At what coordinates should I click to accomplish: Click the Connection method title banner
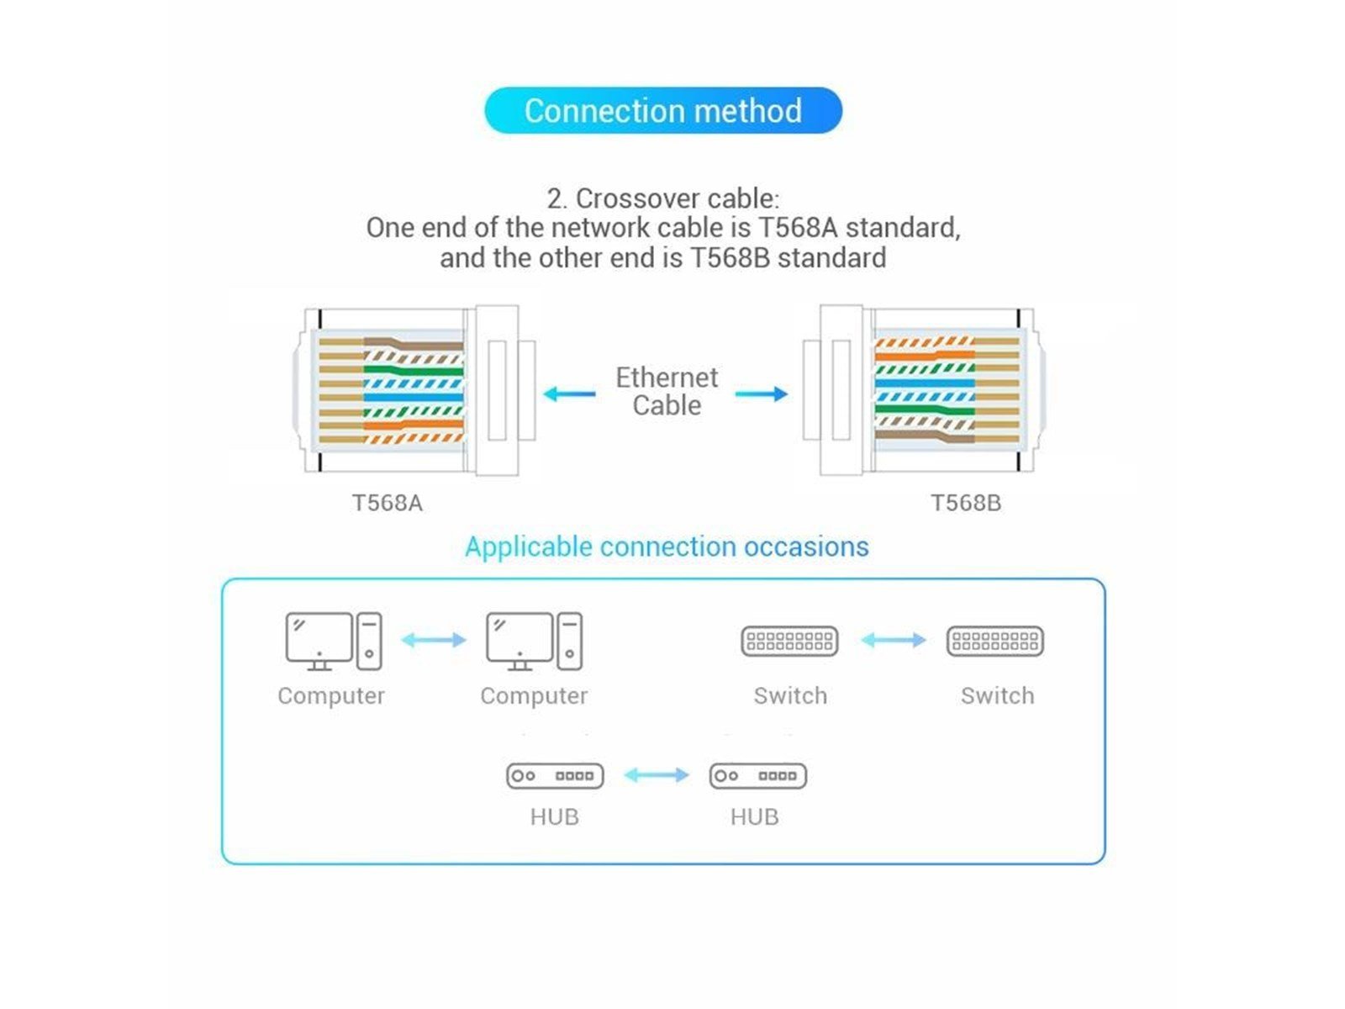point(662,110)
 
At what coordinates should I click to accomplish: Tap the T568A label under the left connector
point(387,503)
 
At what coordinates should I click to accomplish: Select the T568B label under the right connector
point(965,503)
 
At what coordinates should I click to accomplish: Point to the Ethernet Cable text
point(667,391)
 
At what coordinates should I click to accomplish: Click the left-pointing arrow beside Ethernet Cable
point(569,394)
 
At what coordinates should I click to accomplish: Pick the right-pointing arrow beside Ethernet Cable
point(762,394)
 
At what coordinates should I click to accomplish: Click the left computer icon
point(333,642)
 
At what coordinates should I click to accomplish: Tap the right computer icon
point(534,642)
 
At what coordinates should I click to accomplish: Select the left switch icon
point(789,642)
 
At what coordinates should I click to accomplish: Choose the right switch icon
point(994,642)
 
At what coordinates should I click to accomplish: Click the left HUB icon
point(555,775)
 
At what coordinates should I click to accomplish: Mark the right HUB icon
point(757,775)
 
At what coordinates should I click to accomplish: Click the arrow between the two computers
point(434,640)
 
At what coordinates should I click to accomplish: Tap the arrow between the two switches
point(893,640)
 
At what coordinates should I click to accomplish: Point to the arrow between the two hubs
point(657,774)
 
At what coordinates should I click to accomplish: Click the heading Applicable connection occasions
point(667,547)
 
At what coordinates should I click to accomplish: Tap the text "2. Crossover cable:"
point(663,198)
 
